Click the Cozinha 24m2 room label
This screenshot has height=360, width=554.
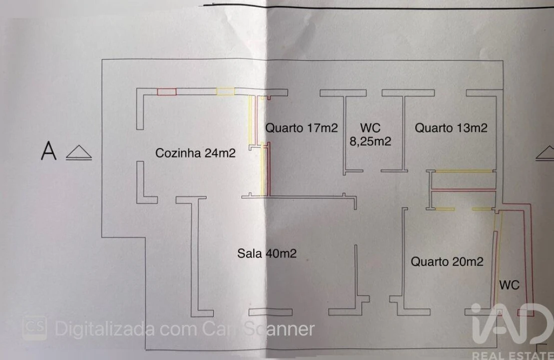click(195, 153)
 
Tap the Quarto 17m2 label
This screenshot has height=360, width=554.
click(301, 128)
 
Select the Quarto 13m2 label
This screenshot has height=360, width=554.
click(451, 128)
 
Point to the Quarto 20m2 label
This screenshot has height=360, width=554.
click(447, 261)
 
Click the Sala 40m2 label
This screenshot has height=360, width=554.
click(267, 253)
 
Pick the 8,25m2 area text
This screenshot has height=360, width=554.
click(370, 141)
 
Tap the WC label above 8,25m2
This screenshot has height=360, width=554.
click(370, 128)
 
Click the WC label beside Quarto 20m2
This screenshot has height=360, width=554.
click(509, 285)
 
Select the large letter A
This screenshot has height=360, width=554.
click(49, 151)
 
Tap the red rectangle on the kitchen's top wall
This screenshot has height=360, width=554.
click(167, 92)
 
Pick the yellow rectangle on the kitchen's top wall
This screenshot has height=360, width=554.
click(225, 91)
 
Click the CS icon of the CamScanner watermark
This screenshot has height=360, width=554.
click(34, 328)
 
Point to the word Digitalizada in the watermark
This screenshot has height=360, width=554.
click(105, 329)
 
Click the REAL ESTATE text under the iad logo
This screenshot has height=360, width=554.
click(512, 355)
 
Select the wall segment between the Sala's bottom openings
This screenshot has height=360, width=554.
click(271, 312)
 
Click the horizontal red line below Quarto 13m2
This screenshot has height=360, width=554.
click(463, 190)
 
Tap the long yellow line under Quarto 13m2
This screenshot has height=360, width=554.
click(463, 171)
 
